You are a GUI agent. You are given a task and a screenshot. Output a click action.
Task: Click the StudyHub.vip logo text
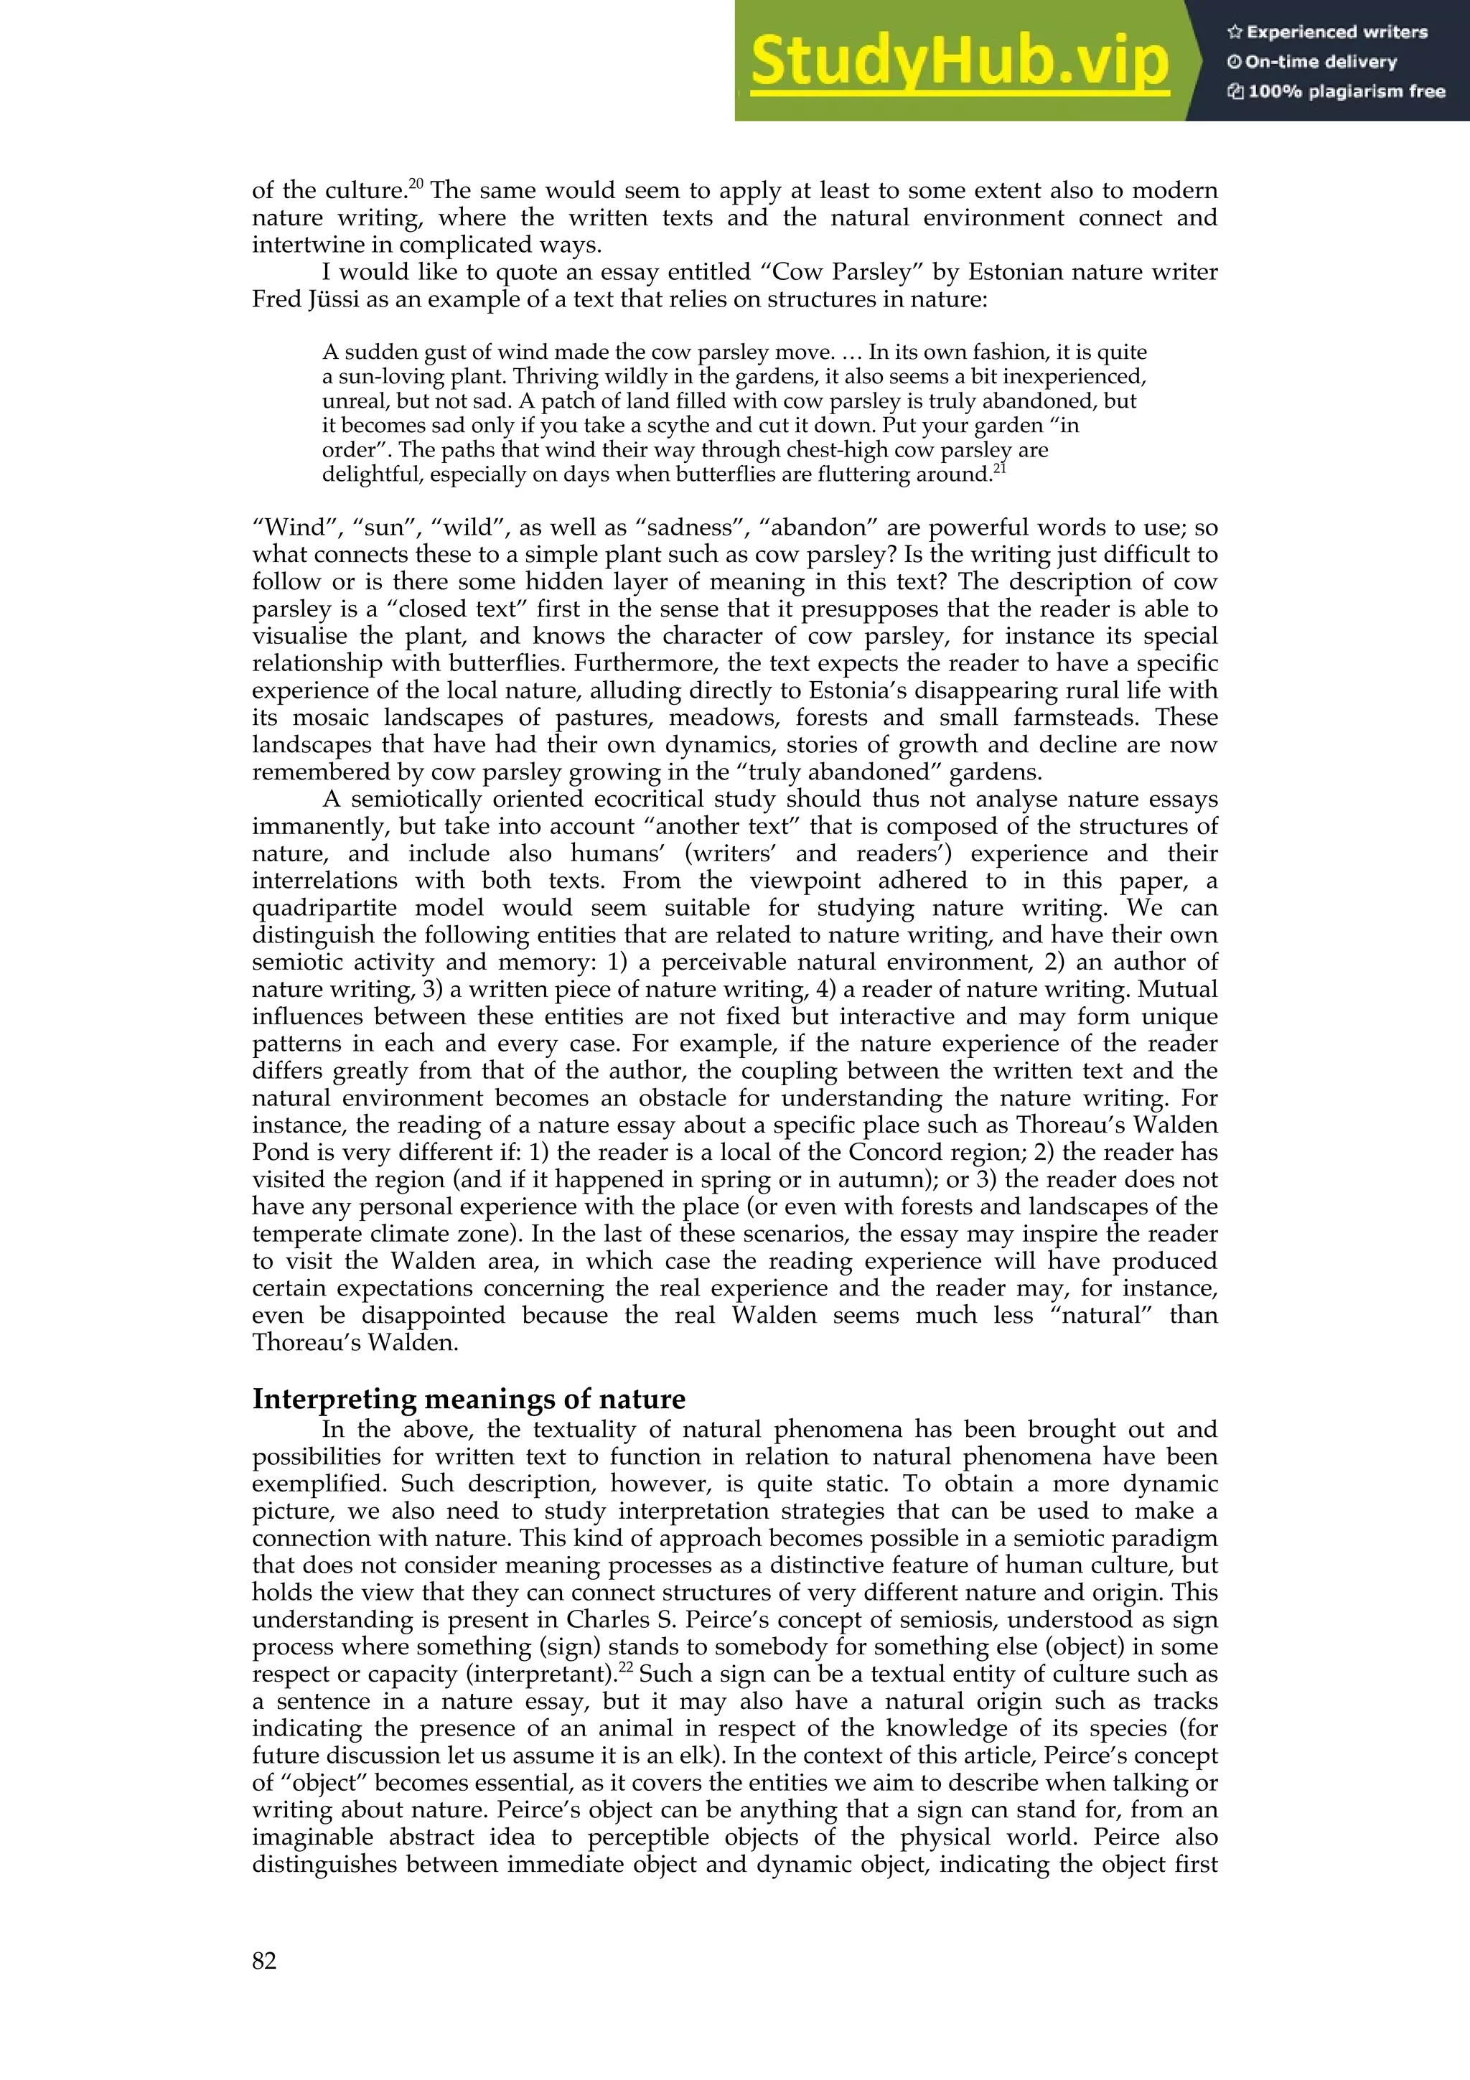click(959, 62)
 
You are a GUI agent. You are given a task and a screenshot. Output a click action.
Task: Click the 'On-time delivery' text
click(1311, 62)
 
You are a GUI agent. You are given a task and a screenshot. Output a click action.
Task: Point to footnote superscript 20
click(416, 184)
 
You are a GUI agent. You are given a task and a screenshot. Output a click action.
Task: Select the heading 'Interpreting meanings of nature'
click(468, 1398)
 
